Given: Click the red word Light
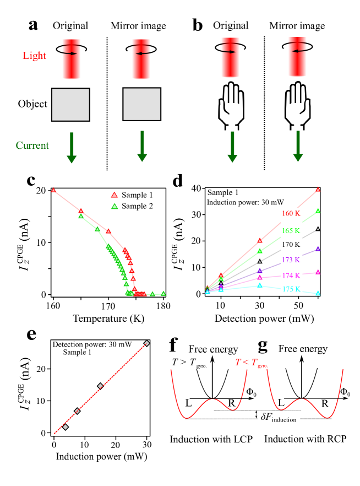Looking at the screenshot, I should tap(34, 56).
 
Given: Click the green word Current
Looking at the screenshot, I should tap(32, 145).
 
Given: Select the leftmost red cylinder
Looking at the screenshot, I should tap(72, 59).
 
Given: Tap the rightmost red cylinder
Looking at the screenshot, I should tap(297, 57).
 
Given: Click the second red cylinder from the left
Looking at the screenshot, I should tap(141, 59).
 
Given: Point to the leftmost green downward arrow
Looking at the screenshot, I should tap(72, 148).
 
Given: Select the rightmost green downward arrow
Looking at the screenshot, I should tap(298, 146).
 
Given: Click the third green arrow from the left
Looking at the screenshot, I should tap(232, 147).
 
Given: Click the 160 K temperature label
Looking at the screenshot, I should tap(291, 213).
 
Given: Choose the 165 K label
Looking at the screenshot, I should tap(291, 231).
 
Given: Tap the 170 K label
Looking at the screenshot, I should tap(291, 245).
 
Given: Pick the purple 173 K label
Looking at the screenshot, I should tap(291, 260).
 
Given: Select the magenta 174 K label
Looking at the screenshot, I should tap(291, 275).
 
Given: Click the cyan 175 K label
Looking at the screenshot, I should tap(291, 289).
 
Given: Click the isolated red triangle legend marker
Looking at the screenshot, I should tap(114, 195).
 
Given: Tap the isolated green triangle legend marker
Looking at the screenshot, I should tap(114, 206).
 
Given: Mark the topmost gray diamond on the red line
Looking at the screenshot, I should tap(146, 343).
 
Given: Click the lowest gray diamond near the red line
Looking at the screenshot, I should tap(66, 427).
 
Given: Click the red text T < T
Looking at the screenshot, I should tap(246, 362).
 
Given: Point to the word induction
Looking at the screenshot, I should tap(284, 420).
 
